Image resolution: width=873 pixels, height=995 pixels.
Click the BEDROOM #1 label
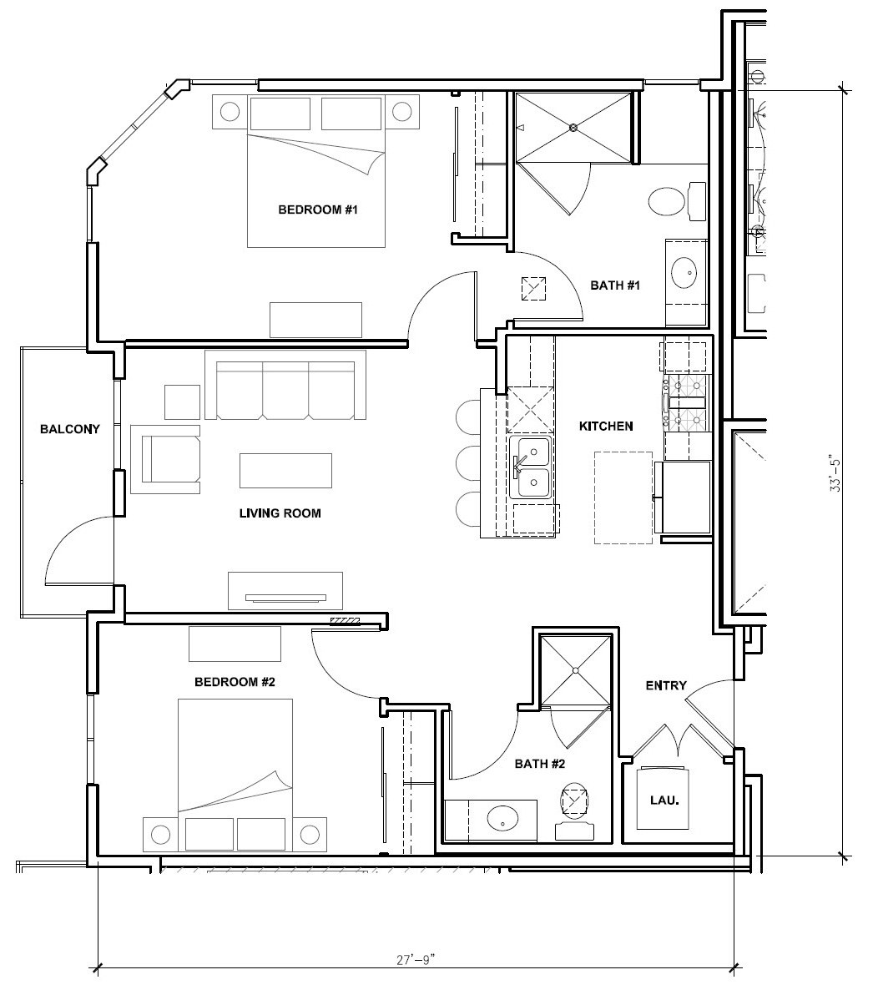point(318,210)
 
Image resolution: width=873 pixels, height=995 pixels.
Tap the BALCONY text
point(70,429)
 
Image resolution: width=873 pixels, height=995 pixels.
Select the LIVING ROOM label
point(280,513)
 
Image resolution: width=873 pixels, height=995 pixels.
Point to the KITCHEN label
point(606,426)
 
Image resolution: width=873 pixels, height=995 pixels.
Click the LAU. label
point(664,801)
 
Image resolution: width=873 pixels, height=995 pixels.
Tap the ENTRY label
point(666,685)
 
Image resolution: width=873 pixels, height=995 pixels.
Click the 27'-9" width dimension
point(416,959)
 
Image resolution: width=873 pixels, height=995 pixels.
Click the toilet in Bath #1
point(676,200)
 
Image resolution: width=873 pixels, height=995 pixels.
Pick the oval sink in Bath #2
point(503,819)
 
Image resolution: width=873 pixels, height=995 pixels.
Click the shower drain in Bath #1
point(573,128)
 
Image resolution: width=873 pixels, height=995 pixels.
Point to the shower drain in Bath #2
point(575,670)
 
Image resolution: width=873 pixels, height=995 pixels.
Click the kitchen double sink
point(531,467)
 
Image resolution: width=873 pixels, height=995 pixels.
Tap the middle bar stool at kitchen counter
point(468,462)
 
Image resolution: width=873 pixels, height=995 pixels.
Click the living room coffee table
point(285,470)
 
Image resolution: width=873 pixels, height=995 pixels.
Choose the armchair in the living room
point(165,459)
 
